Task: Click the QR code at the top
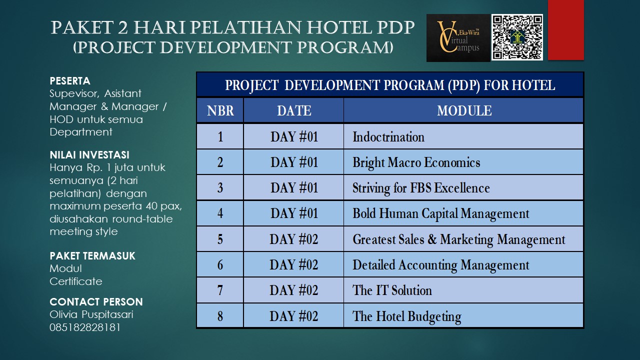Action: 517,37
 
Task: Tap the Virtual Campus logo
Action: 458,38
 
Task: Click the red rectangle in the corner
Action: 565,30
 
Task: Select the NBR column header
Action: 220,110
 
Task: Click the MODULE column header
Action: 463,110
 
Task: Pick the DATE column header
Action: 293,110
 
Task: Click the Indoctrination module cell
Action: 388,136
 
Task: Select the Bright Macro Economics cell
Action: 416,162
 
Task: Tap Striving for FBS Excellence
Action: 421,188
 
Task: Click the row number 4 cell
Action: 220,213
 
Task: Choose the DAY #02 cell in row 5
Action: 293,239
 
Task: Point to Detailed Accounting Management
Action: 440,265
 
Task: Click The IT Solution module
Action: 392,290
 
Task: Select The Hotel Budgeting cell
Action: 406,316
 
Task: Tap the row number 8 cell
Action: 220,316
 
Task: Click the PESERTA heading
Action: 70,80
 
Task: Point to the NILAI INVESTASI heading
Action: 89,155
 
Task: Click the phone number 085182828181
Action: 85,327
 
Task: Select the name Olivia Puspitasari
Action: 91,314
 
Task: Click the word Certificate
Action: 76,281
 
